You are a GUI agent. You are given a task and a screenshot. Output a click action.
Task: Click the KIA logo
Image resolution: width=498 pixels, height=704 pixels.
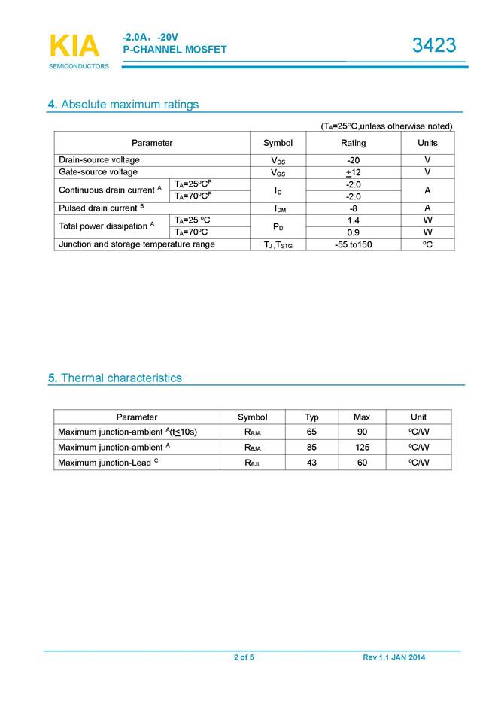pyautogui.click(x=74, y=46)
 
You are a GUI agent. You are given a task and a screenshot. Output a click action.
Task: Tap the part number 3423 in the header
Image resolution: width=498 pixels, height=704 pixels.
pyautogui.click(x=434, y=46)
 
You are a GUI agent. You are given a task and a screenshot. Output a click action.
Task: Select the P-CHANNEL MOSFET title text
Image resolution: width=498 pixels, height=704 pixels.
pyautogui.click(x=175, y=50)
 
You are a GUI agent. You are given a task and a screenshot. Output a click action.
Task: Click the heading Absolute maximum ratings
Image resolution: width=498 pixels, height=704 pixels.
pyautogui.click(x=123, y=105)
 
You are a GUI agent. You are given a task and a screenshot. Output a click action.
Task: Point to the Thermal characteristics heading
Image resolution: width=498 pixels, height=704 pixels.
pyautogui.click(x=114, y=378)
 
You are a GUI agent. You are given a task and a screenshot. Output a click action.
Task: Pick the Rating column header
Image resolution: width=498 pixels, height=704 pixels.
pyautogui.click(x=353, y=143)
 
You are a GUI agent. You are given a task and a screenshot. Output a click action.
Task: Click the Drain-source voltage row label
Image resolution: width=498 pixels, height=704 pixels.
pyautogui.click(x=99, y=160)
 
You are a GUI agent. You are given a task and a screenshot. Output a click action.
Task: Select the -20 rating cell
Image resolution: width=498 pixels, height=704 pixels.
pyautogui.click(x=353, y=160)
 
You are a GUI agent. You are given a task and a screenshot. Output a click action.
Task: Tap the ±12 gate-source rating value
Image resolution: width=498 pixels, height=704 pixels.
pyautogui.click(x=353, y=172)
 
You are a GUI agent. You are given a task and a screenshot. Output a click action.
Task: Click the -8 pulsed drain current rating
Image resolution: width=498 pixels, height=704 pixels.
pyautogui.click(x=353, y=208)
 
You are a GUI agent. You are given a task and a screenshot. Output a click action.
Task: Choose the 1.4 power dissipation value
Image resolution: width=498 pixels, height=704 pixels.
pyautogui.click(x=353, y=220)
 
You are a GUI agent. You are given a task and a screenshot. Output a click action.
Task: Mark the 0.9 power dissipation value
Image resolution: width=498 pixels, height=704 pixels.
pyautogui.click(x=353, y=232)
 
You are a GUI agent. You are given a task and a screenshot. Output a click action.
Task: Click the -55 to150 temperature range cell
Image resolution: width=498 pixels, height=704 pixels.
pyautogui.click(x=353, y=244)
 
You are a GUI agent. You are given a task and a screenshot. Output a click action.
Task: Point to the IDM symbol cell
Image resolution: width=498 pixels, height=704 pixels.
pyautogui.click(x=278, y=208)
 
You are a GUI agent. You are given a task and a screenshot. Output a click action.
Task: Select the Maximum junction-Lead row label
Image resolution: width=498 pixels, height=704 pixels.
pyautogui.click(x=108, y=463)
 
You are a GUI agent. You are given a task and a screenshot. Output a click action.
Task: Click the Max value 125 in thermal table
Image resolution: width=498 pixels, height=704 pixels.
pyautogui.click(x=362, y=447)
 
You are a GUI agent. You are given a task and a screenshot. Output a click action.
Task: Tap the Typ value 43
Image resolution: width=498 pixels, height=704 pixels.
pyautogui.click(x=311, y=463)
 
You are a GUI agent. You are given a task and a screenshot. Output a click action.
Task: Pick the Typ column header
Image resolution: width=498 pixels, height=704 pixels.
pyautogui.click(x=311, y=417)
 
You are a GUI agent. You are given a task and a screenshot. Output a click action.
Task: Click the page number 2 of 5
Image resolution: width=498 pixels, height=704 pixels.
pyautogui.click(x=244, y=658)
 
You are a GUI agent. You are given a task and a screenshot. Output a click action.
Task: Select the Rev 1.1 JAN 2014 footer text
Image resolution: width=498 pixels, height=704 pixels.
pyautogui.click(x=393, y=658)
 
